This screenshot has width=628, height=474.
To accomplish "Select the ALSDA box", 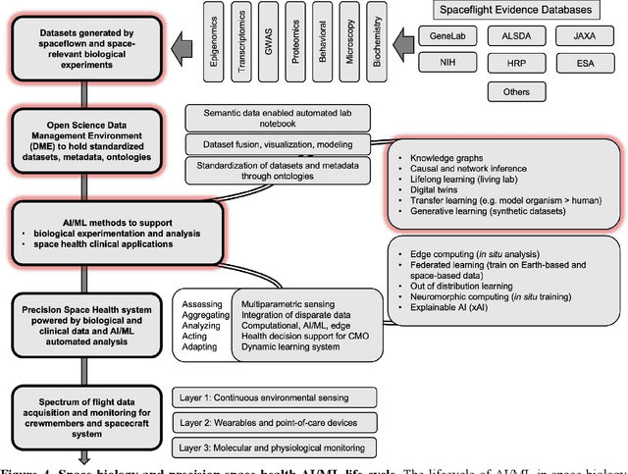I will point(518,35).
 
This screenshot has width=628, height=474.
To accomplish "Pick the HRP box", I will point(518,64).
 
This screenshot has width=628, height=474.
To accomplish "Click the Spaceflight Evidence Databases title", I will point(517,10).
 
